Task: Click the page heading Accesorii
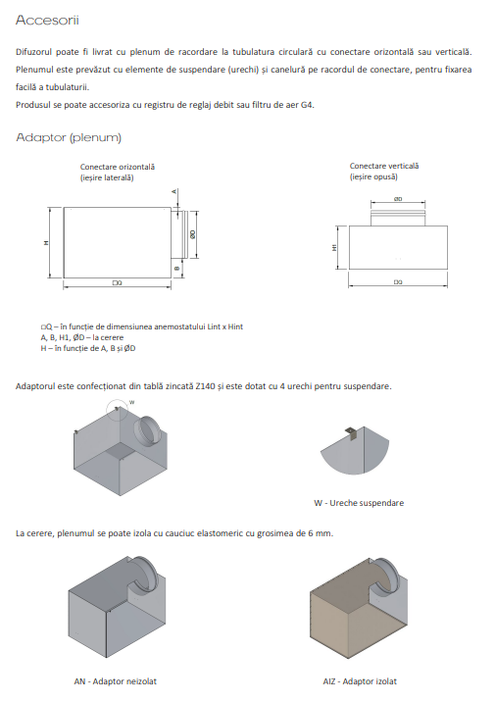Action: (48, 19)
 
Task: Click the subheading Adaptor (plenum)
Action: (68, 136)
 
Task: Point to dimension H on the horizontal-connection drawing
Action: (46, 244)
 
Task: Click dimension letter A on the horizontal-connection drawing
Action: (173, 191)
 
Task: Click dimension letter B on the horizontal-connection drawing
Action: (175, 267)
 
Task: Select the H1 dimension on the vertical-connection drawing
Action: (335, 248)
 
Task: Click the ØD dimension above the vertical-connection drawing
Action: (397, 199)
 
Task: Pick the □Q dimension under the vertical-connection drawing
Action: (397, 281)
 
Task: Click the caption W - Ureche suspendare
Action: (359, 503)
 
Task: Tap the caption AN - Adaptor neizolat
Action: (115, 681)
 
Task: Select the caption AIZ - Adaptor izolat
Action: (360, 681)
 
